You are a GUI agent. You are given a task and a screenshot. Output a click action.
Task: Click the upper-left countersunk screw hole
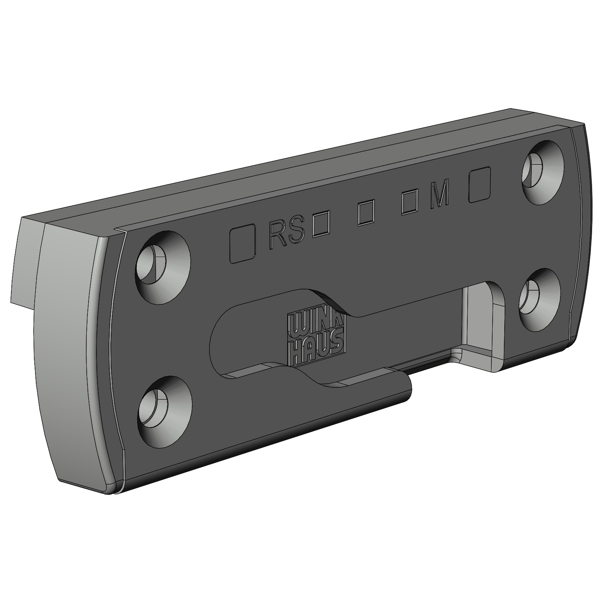(163, 269)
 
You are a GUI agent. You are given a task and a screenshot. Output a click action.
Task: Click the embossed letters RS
(287, 236)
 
